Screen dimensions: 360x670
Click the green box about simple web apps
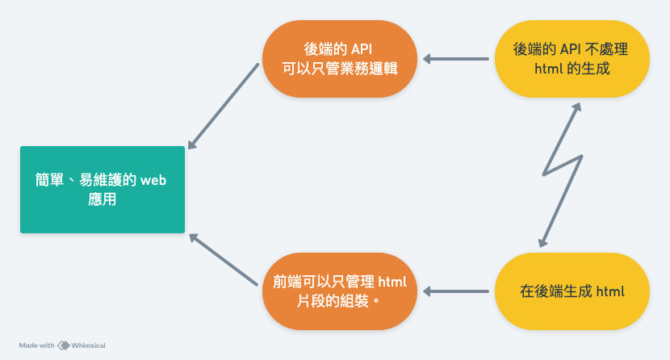[103, 190]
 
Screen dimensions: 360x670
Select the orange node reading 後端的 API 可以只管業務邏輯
[339, 59]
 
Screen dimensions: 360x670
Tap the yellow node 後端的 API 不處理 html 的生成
[572, 59]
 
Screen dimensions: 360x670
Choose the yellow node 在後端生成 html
[572, 291]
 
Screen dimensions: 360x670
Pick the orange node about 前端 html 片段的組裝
[339, 291]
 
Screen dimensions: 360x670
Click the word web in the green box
[153, 181]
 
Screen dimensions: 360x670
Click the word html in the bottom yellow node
[611, 291]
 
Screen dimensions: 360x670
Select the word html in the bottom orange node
[392, 282]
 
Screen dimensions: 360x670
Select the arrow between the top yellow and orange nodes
[457, 59]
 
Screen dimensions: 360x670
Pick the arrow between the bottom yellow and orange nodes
[457, 291]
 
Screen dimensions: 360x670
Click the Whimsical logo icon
[63, 345]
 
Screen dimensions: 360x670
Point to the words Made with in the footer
[37, 345]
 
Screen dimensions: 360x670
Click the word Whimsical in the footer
[88, 345]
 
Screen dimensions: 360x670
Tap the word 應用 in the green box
[103, 199]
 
